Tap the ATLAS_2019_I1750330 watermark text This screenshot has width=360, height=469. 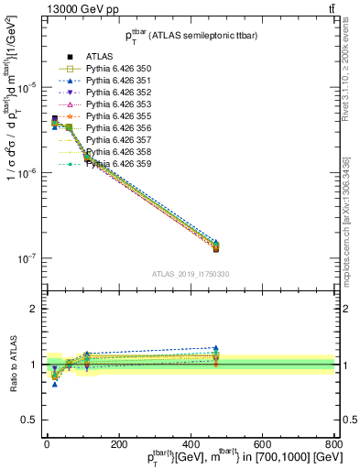191,274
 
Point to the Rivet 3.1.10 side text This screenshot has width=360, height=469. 352,73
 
